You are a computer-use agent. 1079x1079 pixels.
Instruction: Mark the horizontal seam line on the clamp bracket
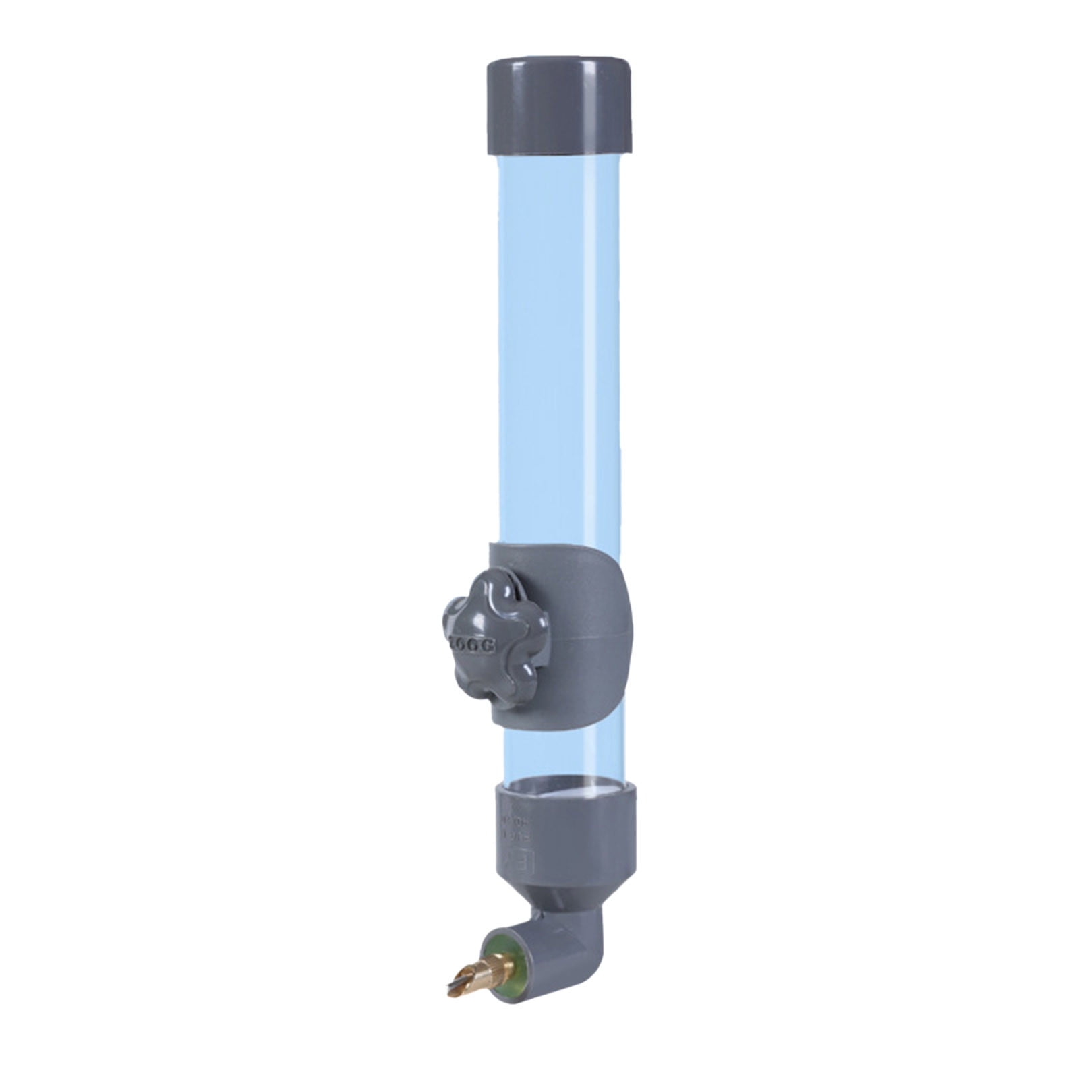click(593, 634)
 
